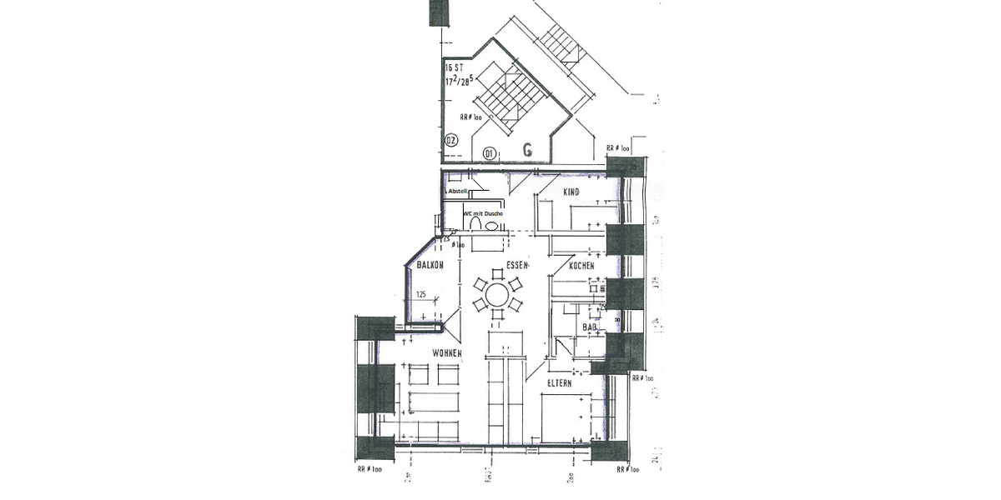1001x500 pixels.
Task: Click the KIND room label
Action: [571, 192]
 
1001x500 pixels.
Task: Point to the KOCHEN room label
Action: [581, 266]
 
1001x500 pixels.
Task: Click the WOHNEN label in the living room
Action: [447, 353]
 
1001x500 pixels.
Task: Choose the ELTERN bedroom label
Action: [559, 383]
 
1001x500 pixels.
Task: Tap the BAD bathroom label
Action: [591, 327]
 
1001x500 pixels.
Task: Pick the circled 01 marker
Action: [490, 152]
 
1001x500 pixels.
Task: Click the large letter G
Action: [527, 150]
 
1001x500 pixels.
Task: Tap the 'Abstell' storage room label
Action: [457, 191]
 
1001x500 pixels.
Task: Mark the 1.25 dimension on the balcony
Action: [420, 295]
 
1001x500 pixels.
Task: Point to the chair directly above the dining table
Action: [496, 273]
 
